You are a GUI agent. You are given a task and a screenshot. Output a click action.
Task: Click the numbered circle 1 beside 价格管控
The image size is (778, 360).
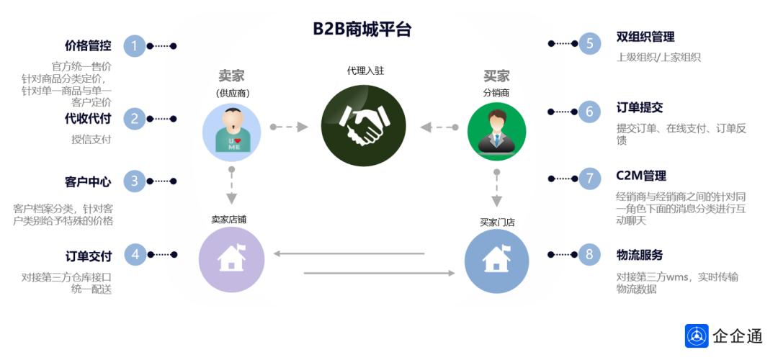pos(134,46)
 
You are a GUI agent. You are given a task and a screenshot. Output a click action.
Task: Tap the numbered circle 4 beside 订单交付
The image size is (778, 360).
pos(134,254)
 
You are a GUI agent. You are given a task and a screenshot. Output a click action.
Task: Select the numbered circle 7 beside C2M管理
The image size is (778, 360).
pos(589,178)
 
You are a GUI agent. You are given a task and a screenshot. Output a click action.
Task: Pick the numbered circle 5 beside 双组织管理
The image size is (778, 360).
pos(589,44)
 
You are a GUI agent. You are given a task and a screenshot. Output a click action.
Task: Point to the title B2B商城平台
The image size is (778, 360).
pos(362,29)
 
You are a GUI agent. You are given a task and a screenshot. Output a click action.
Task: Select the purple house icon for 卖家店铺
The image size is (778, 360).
pos(231,259)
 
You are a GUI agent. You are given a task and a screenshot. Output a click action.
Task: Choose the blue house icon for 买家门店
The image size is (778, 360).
pos(496,259)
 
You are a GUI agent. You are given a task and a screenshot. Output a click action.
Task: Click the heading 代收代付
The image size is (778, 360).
pos(88,119)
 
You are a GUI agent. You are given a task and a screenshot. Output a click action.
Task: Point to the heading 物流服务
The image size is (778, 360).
pos(640,255)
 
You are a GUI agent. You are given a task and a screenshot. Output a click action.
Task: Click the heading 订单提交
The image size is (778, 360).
pos(640,108)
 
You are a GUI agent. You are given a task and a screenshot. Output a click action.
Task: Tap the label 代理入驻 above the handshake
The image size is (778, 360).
pos(365,71)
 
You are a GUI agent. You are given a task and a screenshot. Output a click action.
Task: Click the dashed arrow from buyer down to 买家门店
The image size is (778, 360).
pos(496,189)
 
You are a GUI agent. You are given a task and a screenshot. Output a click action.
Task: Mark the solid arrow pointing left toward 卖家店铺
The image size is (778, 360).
pos(349,253)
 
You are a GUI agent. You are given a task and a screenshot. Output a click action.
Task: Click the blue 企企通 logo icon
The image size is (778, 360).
pos(697,336)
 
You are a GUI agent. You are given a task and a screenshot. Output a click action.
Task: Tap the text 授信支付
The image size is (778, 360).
pos(91,140)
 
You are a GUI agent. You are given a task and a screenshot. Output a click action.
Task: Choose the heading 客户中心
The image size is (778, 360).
pos(88,181)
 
